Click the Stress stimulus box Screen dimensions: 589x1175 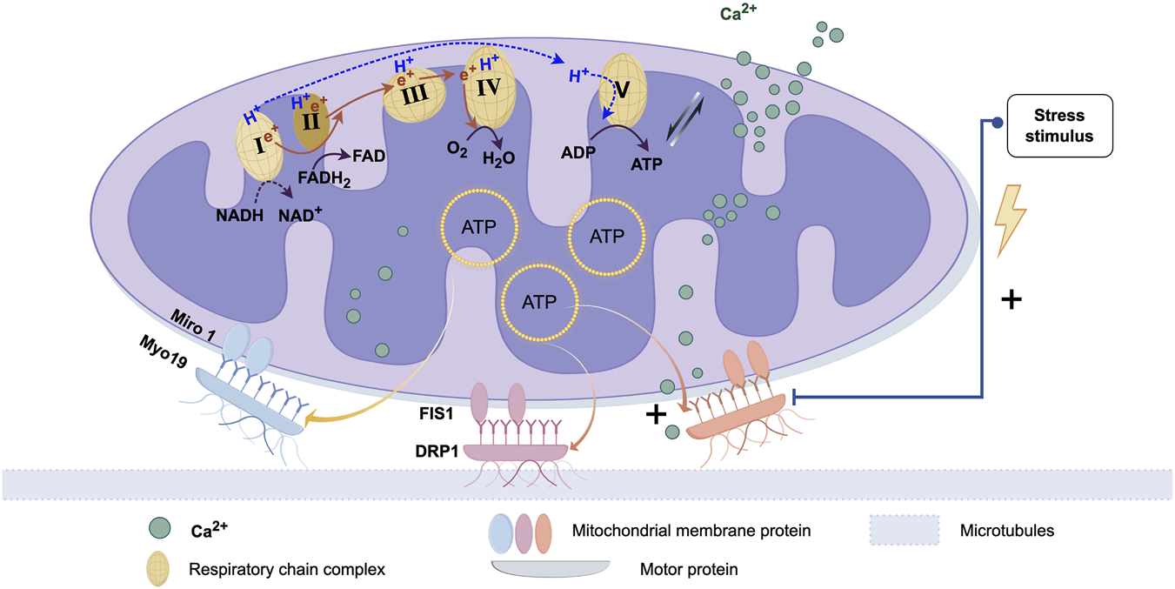tap(1059, 125)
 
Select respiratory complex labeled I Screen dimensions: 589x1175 tap(258, 144)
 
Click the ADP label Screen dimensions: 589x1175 tap(578, 154)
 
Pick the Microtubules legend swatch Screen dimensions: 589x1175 tap(905, 529)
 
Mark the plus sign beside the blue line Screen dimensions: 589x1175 tap(1011, 300)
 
